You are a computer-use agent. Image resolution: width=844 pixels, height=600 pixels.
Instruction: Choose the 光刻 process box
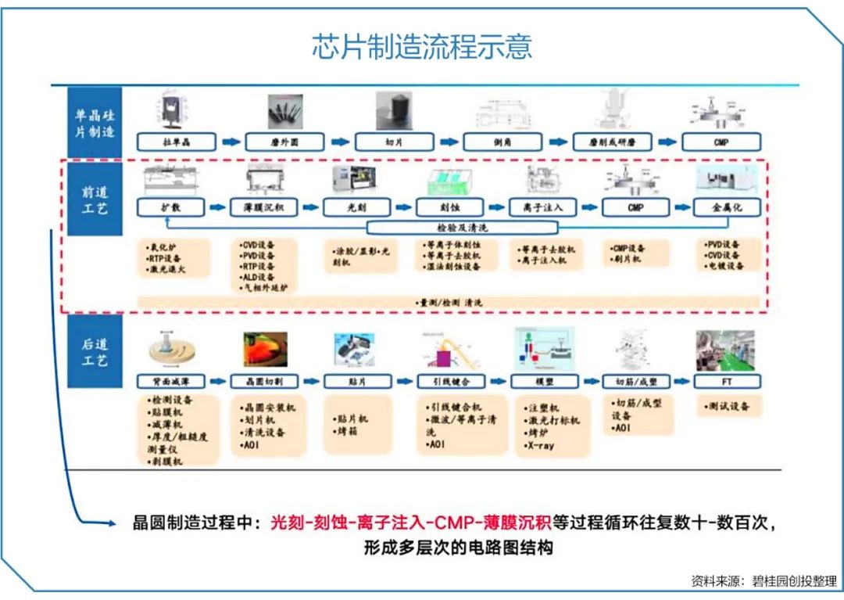(356, 208)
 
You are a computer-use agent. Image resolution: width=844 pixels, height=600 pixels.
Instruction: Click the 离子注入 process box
(542, 208)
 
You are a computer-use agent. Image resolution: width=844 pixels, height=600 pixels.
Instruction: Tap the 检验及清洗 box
(462, 228)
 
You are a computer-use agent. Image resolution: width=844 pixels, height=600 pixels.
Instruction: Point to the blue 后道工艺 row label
(95, 352)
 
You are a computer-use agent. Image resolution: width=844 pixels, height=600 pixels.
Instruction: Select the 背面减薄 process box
(171, 382)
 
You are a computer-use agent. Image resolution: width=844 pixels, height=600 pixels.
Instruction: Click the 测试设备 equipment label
(728, 407)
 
